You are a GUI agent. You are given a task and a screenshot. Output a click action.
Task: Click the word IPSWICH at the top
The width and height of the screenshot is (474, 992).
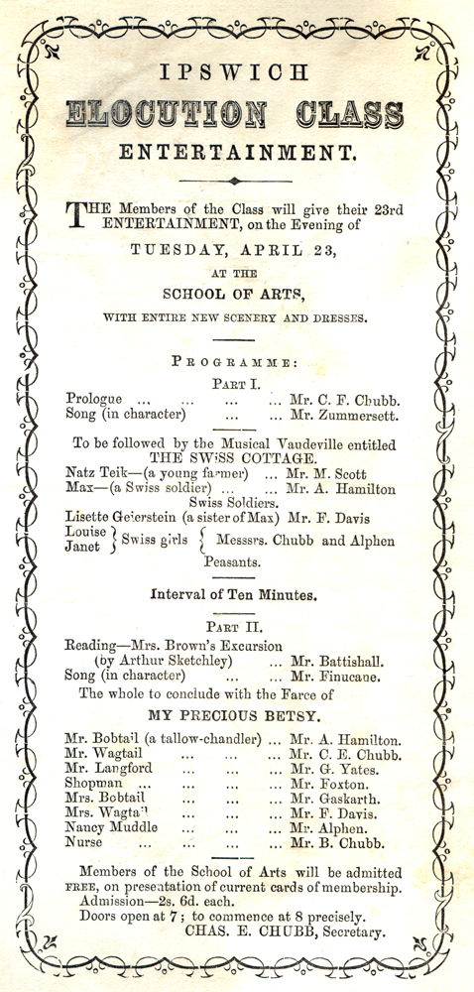tap(236, 72)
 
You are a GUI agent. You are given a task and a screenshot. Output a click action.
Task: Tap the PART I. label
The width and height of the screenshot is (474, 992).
tap(235, 382)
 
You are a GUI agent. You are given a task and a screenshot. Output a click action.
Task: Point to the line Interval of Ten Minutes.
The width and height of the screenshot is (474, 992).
tap(234, 595)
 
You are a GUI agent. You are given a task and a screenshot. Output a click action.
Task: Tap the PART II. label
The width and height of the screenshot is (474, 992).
tap(234, 626)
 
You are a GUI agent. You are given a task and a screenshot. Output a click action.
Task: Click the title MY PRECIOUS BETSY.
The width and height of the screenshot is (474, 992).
tap(234, 714)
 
